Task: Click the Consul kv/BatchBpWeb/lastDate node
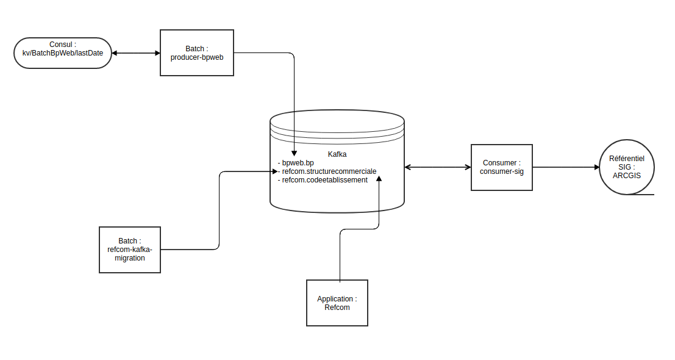62,52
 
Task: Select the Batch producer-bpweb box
196,52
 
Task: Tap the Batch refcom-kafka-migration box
129,250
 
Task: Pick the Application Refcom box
337,303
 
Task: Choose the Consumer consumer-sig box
502,167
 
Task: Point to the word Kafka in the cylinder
337,155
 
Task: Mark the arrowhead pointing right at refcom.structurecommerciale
274,171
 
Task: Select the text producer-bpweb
196,57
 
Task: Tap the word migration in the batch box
129,258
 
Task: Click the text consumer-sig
502,171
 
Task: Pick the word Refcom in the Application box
337,308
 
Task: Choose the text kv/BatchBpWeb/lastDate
62,54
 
